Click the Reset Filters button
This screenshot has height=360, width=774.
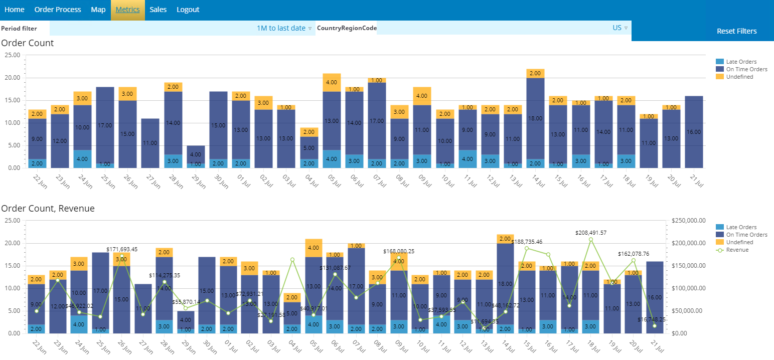pos(736,31)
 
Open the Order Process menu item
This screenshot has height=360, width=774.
pos(58,10)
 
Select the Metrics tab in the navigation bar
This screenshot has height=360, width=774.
pos(128,10)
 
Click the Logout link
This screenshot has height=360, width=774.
pos(188,10)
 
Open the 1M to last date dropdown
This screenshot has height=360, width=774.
pos(284,28)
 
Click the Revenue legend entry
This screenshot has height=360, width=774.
pos(737,250)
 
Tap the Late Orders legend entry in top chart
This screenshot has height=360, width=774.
pos(741,62)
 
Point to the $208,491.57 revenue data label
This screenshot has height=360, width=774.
pos(597,233)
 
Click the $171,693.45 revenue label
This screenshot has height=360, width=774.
pos(122,249)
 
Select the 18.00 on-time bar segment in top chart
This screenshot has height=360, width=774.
pos(535,118)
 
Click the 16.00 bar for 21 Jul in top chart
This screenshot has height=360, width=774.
pos(694,132)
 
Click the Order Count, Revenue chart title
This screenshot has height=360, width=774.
pos(48,208)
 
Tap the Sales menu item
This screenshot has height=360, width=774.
pos(158,10)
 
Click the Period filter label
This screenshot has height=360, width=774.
pos(19,29)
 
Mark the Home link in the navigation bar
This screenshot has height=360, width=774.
pos(14,10)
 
